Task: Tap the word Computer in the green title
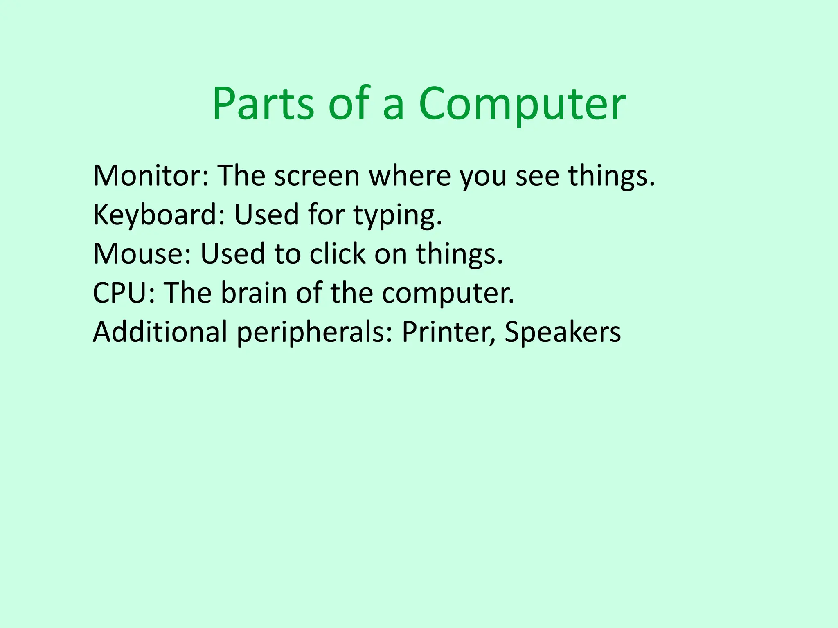pyautogui.click(x=522, y=104)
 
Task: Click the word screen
pyautogui.click(x=317, y=176)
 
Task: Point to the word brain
pyautogui.click(x=254, y=293)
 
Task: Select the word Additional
pyautogui.click(x=160, y=332)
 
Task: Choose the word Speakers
pyautogui.click(x=563, y=332)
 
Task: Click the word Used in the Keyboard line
pyautogui.click(x=266, y=215)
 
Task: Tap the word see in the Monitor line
pyautogui.click(x=537, y=176)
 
